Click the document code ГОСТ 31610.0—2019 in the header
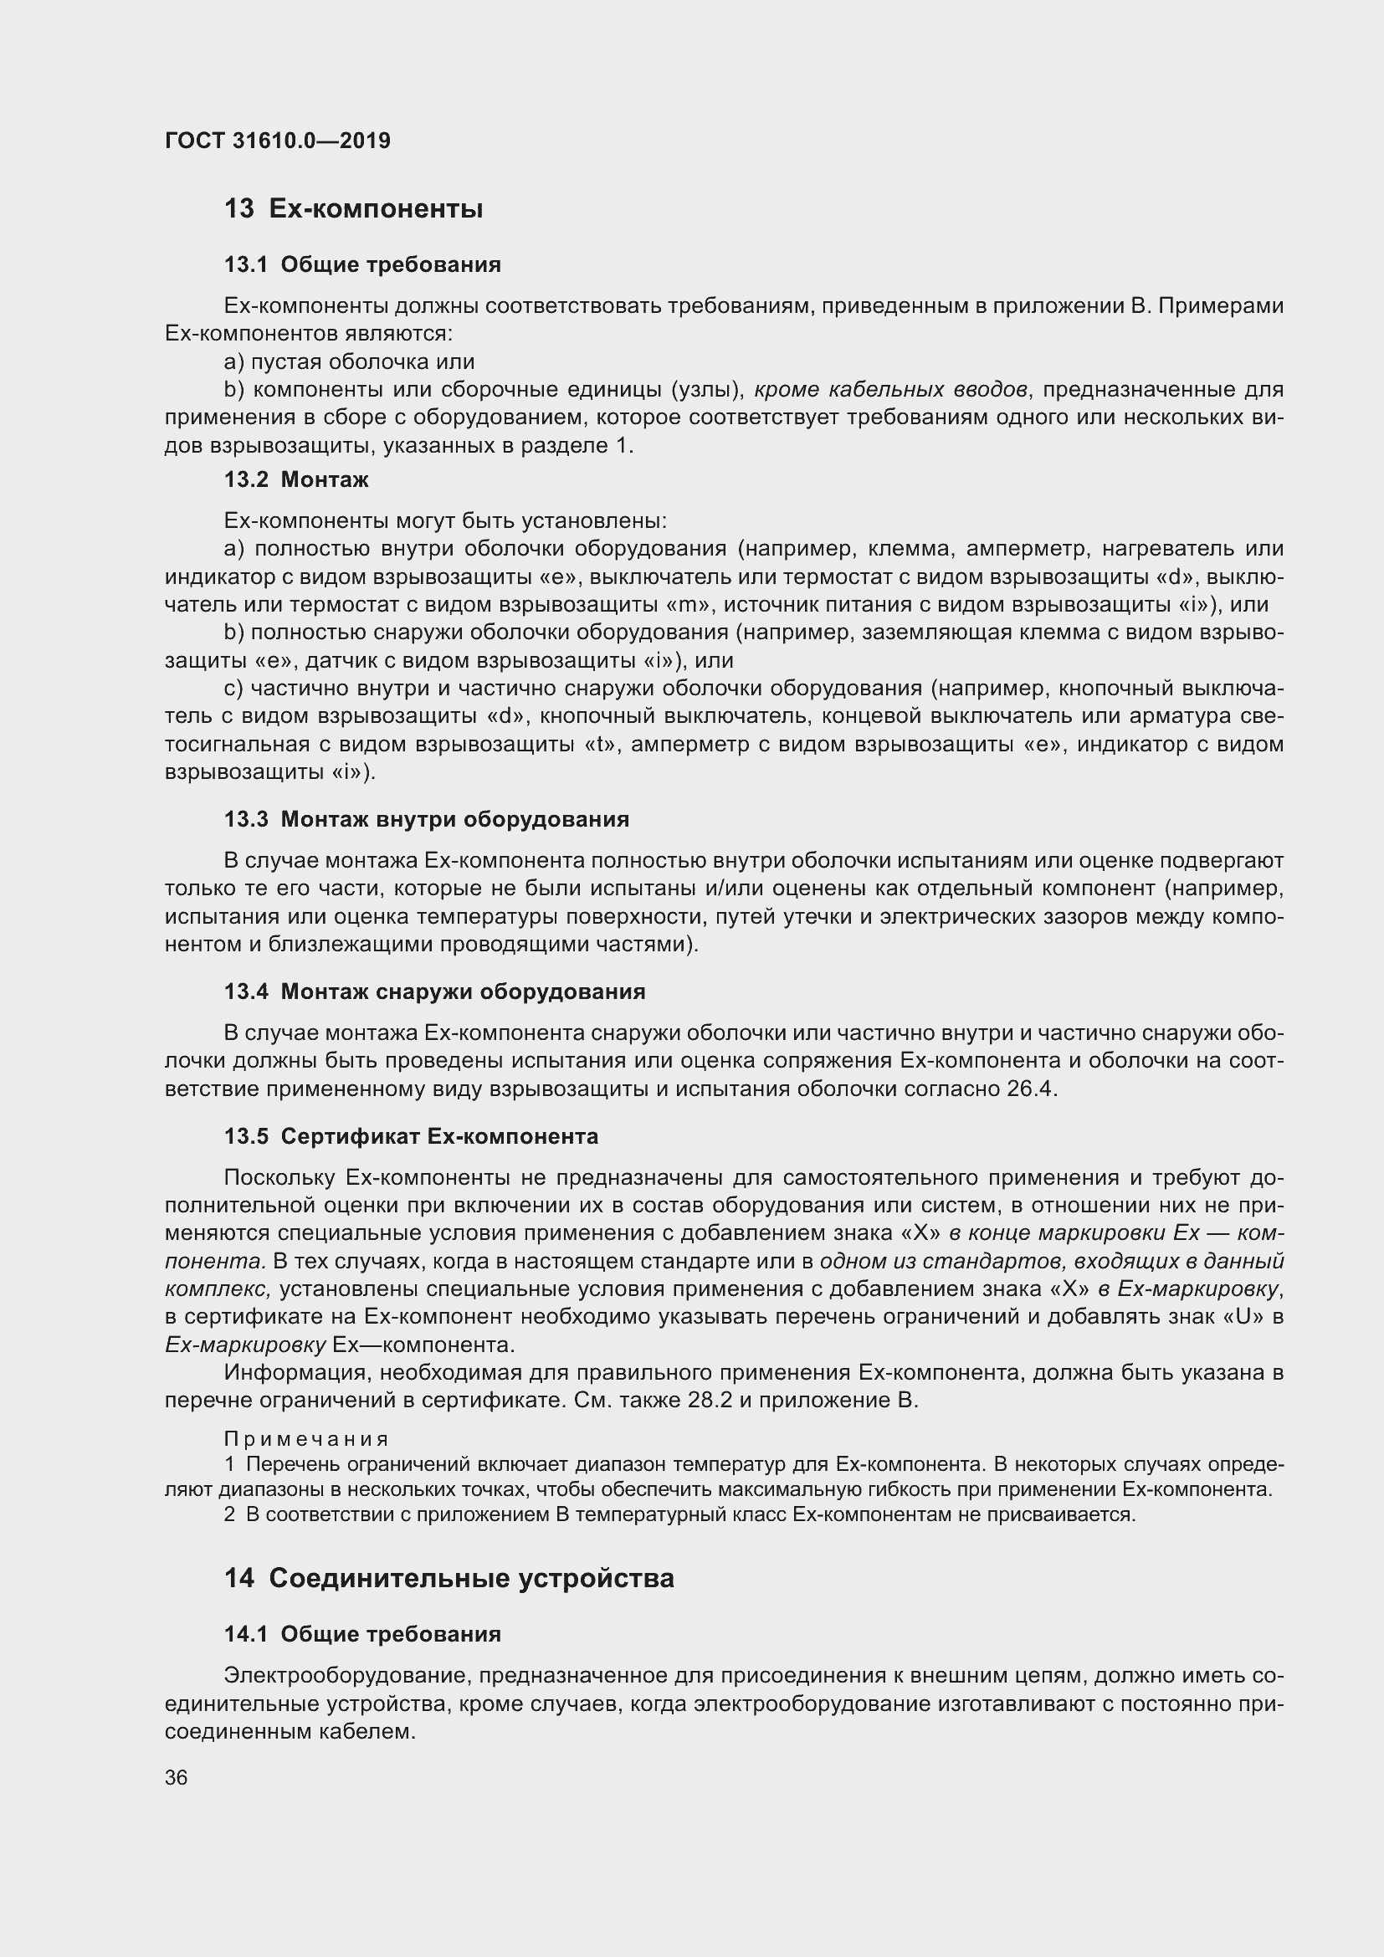[278, 141]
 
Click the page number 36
[177, 1777]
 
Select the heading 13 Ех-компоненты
[354, 209]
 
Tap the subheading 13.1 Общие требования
[362, 265]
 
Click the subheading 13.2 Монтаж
[295, 480]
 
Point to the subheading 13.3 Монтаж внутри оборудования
[426, 819]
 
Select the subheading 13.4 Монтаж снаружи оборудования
[434, 991]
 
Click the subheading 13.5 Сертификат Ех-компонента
[411, 1136]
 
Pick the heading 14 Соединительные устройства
[449, 1578]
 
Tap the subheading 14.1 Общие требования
[362, 1634]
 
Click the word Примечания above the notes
[306, 1440]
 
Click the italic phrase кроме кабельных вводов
[889, 390]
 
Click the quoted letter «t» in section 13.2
[600, 744]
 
